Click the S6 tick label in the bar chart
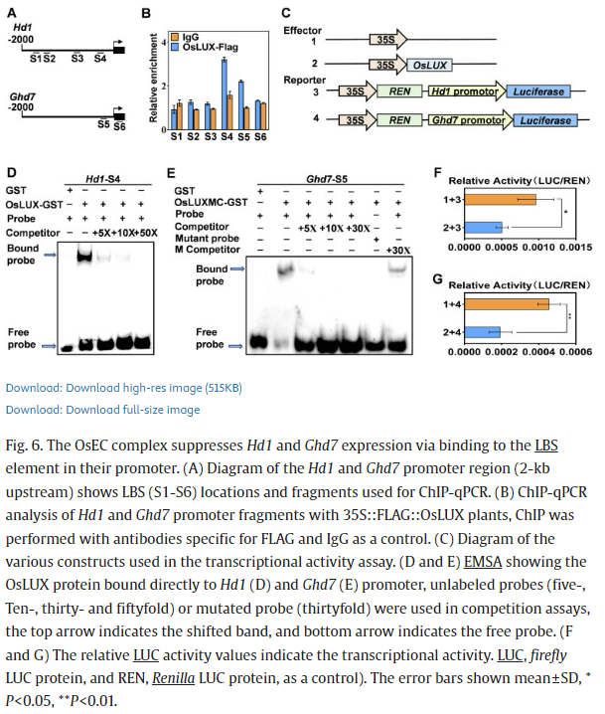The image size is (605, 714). [x=259, y=134]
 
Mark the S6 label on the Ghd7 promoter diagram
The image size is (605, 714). [x=120, y=127]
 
